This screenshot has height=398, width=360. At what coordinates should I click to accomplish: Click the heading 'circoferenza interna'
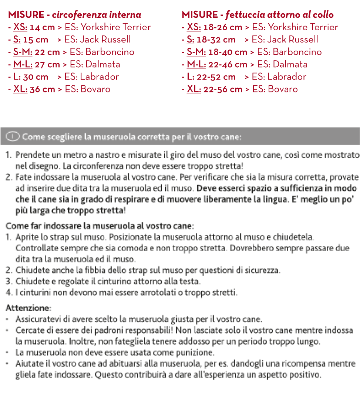(97, 15)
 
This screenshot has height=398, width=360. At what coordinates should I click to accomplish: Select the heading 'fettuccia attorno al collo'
(279, 15)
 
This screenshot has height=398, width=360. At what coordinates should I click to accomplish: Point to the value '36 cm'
(42, 89)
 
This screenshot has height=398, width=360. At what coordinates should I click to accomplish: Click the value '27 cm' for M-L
(47, 64)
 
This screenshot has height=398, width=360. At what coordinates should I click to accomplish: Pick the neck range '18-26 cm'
(225, 27)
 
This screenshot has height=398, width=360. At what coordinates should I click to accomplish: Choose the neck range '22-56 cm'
(225, 89)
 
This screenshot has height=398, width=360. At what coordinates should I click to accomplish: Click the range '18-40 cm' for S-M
(228, 52)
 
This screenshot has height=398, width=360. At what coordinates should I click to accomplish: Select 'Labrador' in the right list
(287, 77)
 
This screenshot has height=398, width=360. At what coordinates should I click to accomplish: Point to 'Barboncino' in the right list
(297, 52)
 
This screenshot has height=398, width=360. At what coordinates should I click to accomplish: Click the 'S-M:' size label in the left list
(23, 52)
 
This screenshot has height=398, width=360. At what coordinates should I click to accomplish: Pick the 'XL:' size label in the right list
(194, 89)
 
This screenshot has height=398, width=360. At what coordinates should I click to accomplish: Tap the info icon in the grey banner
(13, 137)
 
